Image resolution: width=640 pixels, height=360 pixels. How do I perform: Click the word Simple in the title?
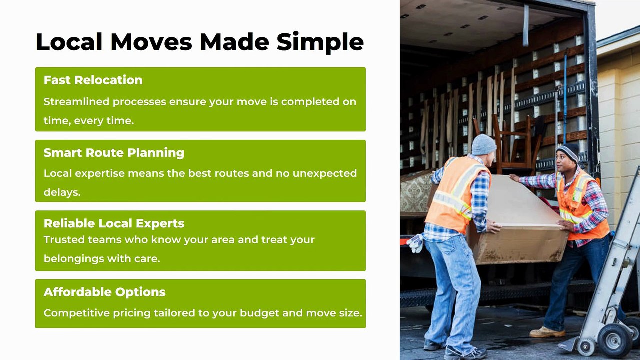[320, 43]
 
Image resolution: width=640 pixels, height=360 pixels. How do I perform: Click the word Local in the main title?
[69, 42]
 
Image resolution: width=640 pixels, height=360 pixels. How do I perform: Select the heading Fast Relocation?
[93, 80]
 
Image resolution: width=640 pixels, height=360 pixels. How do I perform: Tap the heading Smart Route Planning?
[114, 153]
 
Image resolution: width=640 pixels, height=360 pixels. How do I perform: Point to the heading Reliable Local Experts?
[114, 223]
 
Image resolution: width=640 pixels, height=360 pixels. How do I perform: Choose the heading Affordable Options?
[104, 292]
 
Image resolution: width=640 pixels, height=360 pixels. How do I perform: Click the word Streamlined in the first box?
[76, 101]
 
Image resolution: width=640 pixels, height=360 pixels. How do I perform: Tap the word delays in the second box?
[62, 192]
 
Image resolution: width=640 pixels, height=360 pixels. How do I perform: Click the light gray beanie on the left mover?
[484, 144]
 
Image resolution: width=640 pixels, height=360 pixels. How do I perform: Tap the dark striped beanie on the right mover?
[568, 152]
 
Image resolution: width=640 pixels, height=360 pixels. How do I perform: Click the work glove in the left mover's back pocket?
[415, 243]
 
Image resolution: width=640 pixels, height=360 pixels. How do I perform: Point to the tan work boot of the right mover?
[547, 332]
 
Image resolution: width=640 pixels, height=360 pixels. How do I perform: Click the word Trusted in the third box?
[64, 240]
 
